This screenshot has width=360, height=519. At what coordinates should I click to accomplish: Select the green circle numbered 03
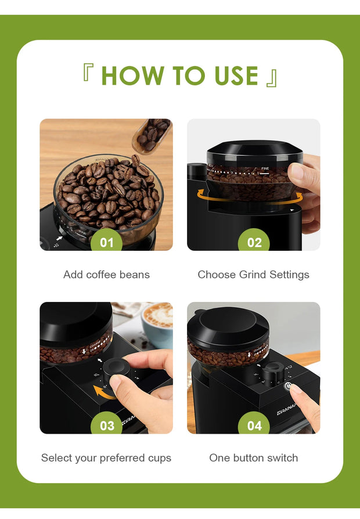point(107,426)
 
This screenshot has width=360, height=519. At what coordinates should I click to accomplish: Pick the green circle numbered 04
point(254,426)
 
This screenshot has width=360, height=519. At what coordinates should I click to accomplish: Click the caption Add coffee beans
point(106,275)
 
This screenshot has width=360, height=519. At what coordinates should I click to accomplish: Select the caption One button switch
point(254,458)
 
